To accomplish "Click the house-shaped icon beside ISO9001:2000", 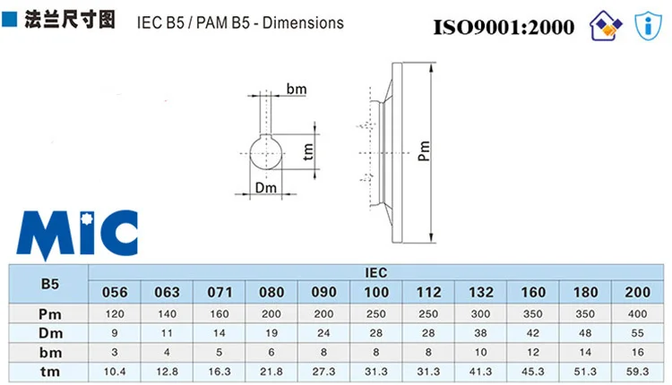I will (605, 26).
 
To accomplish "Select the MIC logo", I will (80, 235).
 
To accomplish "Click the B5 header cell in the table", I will (50, 283).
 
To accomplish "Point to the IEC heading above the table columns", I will (375, 271).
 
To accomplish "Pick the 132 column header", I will (480, 293).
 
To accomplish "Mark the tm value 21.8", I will (271, 370).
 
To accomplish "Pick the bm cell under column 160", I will (533, 351).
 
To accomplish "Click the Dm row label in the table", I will (50, 332).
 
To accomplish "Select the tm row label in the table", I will (50, 370).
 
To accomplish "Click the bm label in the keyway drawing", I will (297, 90).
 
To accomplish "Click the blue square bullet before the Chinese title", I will (11, 19).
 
